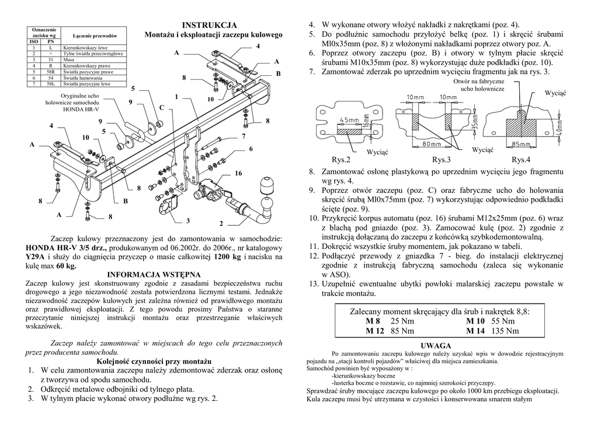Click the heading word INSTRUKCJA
click(x=210, y=25)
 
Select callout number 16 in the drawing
click(x=238, y=174)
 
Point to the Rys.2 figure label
click(x=341, y=160)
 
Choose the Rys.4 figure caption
click(x=521, y=160)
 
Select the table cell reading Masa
click(x=68, y=60)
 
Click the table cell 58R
click(x=51, y=72)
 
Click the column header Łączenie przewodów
click(x=96, y=36)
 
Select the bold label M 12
click(x=376, y=331)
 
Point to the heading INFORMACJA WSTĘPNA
click(x=154, y=274)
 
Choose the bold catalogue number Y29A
click(x=35, y=256)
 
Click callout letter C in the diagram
click(x=162, y=108)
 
